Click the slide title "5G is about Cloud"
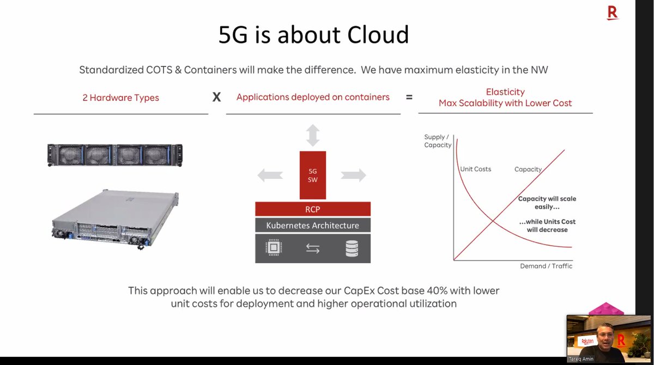pos(313,35)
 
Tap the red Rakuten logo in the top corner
pos(613,12)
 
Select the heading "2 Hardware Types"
pos(121,98)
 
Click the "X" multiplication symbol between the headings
pos(216,98)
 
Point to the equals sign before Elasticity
pos(409,98)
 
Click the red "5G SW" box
pos(313,175)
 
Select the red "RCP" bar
pos(313,209)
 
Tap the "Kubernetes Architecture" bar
pos(313,225)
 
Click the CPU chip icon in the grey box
pos(274,248)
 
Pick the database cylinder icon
pos(352,248)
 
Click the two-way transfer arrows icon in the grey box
pos(313,249)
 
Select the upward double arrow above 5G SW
pos(313,135)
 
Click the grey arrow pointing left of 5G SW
pos(270,175)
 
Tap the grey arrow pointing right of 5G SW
pos(354,175)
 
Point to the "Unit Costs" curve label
pos(476,169)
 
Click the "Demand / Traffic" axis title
pos(546,266)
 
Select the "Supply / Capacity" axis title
pos(438,141)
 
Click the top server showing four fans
pos(115,155)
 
